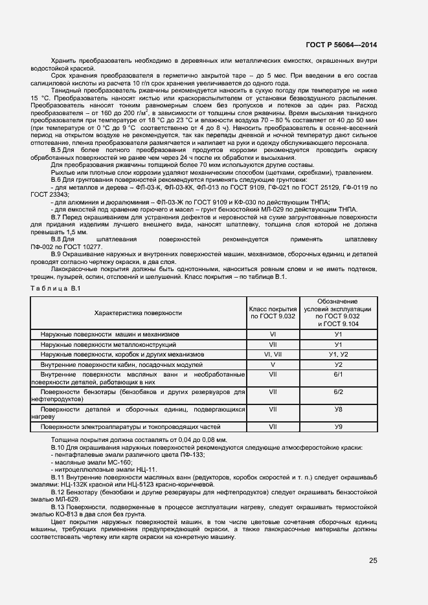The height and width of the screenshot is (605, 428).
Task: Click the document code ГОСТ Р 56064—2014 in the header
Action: pos(341,45)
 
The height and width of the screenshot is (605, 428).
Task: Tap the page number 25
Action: pos(372,560)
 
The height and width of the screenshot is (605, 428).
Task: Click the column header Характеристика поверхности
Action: pos(138,313)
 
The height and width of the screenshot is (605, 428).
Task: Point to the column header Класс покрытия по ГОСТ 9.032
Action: pos(273,313)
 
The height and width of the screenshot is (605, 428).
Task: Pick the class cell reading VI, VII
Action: pos(273,355)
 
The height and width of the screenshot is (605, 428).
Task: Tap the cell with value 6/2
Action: pos(338,392)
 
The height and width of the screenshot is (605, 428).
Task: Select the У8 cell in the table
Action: pos(338,410)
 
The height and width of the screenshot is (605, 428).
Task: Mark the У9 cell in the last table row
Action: pos(338,426)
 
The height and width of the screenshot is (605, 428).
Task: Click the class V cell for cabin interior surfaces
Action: pos(273,365)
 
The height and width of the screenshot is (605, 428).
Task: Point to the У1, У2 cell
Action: pos(338,355)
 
